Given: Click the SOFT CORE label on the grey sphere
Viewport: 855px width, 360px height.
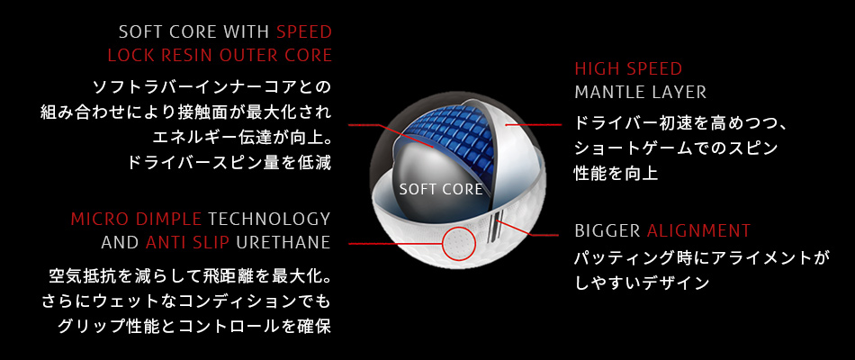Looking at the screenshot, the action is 441,189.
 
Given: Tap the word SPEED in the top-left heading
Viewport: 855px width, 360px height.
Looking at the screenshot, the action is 304,32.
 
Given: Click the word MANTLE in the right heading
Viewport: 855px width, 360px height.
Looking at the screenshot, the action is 611,92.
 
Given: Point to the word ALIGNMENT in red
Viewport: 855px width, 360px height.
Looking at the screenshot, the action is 698,230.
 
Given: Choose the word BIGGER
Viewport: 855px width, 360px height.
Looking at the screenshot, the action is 607,230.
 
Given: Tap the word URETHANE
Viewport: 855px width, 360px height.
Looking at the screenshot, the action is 283,242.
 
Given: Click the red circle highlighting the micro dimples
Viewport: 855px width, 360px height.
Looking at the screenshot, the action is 442,243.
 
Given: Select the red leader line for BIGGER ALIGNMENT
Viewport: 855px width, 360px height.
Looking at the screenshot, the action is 526,229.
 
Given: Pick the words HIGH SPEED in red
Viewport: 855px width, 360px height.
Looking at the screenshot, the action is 628,68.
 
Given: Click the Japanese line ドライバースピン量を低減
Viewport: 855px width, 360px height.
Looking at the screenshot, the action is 229,163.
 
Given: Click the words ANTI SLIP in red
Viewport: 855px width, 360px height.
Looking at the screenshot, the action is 187,242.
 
